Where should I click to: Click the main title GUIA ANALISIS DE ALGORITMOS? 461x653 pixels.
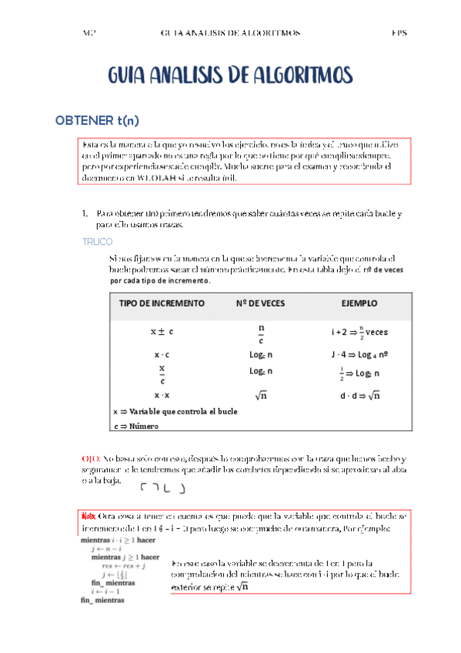pyautogui.click(x=230, y=75)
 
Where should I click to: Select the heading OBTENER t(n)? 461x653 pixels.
pyautogui.click(x=96, y=121)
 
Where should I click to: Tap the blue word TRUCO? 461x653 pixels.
pyautogui.click(x=97, y=241)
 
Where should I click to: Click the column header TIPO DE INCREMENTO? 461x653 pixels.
pyautogui.click(x=162, y=303)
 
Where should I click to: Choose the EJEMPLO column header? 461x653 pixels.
pyautogui.click(x=359, y=303)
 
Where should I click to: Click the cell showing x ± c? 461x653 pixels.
pyautogui.click(x=162, y=331)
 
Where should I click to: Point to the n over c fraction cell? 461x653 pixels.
pyautogui.click(x=261, y=333)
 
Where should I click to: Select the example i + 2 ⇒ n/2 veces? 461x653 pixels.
pyautogui.click(x=359, y=332)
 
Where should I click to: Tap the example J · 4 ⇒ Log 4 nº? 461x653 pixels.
pyautogui.click(x=359, y=355)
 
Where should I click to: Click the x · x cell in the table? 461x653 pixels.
pyautogui.click(x=162, y=395)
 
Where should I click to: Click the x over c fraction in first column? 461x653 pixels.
pyautogui.click(x=162, y=374)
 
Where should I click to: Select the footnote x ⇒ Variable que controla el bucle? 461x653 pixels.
pyautogui.click(x=175, y=411)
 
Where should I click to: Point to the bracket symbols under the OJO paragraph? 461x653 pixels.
pyautogui.click(x=162, y=487)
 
